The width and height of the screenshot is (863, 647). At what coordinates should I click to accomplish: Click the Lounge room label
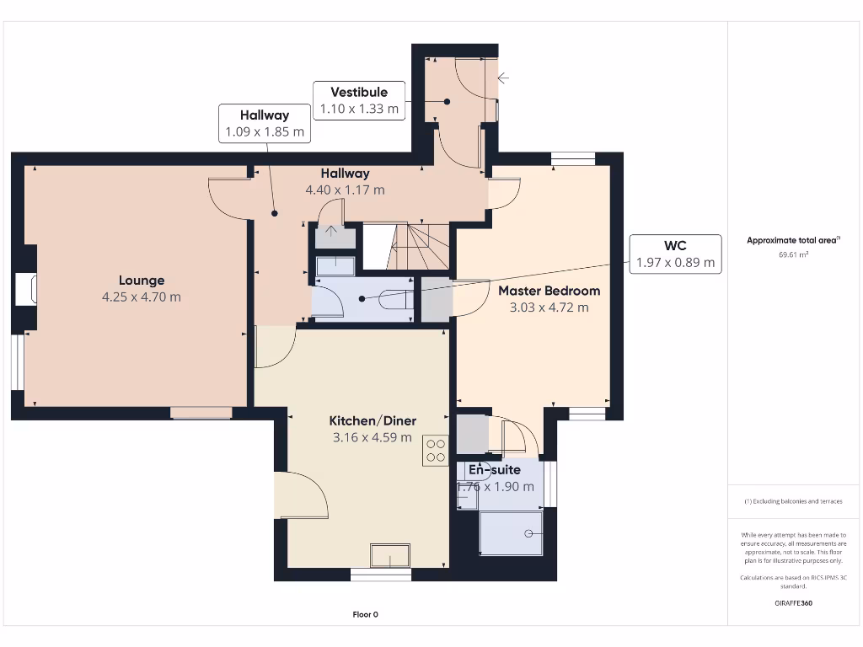click(142, 281)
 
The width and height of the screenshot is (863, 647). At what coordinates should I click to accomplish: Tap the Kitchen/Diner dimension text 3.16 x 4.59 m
click(372, 437)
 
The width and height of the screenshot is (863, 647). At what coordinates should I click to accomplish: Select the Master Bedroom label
click(549, 291)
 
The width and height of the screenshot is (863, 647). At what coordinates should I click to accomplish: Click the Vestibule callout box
click(359, 100)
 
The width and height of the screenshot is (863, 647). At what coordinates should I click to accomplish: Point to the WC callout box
click(675, 254)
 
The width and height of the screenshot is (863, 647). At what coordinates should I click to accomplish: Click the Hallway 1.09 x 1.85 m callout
click(265, 123)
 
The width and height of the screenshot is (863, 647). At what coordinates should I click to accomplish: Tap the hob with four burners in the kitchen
click(436, 451)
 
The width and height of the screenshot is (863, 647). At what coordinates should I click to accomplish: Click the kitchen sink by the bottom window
click(390, 555)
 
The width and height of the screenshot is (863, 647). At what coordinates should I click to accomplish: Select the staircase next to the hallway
click(406, 247)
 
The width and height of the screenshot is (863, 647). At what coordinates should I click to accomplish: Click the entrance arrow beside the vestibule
click(503, 78)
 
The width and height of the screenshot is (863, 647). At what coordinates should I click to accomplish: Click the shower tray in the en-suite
click(512, 533)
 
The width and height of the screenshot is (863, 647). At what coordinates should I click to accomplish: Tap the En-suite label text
click(495, 470)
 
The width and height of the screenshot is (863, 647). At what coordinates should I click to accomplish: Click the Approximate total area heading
click(793, 240)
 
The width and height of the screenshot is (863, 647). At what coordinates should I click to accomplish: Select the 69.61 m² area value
click(793, 254)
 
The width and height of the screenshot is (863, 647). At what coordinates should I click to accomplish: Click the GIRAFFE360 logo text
click(793, 603)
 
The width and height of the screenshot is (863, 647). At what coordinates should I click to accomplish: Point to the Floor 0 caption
click(366, 614)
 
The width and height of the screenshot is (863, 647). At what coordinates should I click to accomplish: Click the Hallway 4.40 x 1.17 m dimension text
click(345, 190)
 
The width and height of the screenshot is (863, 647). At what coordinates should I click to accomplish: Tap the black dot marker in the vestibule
click(447, 102)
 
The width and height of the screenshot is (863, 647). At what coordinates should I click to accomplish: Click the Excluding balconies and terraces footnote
click(793, 501)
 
